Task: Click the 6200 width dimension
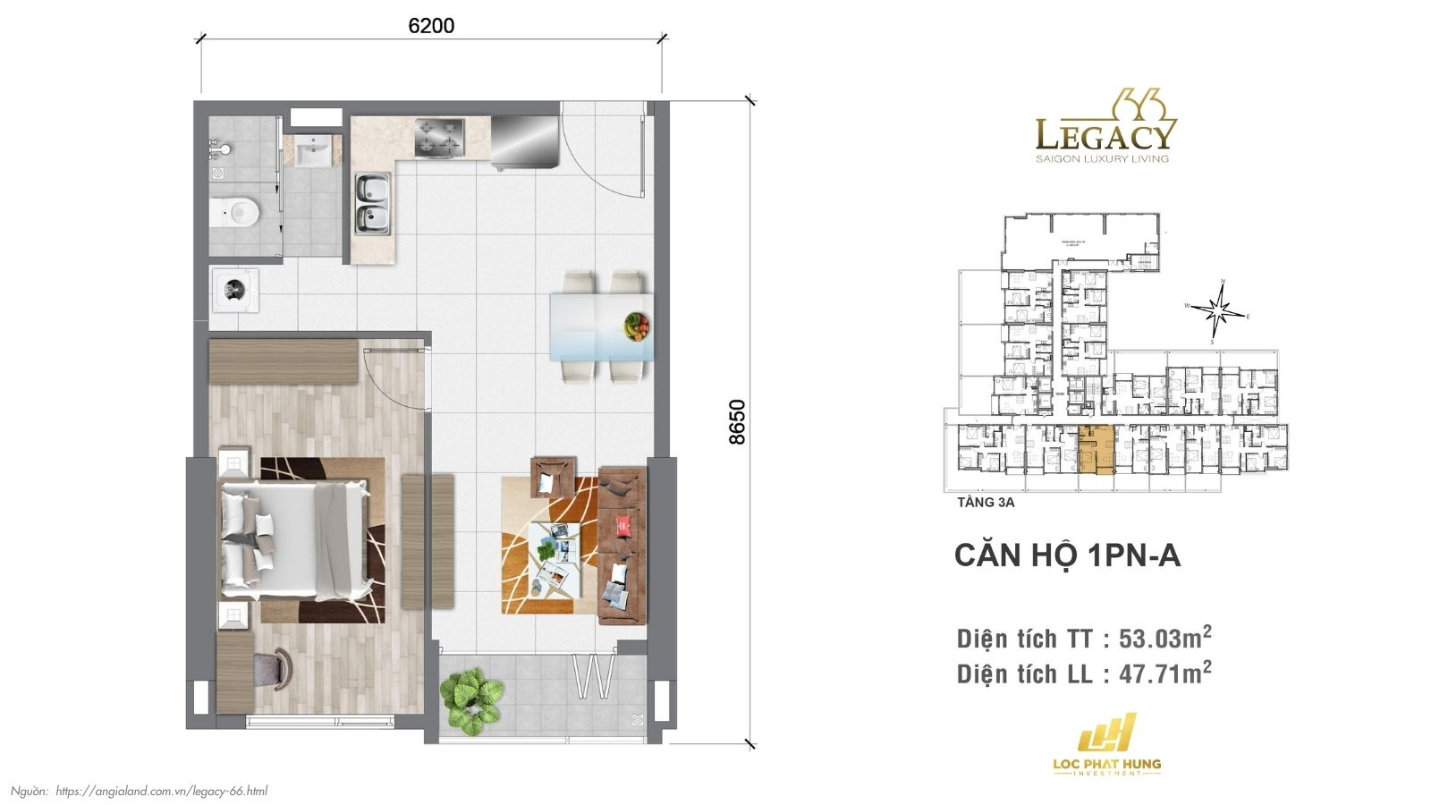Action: tap(431, 26)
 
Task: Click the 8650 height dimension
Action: tap(737, 421)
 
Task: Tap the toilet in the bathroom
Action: tap(235, 212)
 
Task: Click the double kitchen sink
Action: tap(372, 204)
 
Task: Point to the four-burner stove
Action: tap(439, 138)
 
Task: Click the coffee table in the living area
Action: tap(555, 555)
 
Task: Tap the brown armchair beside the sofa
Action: tap(553, 477)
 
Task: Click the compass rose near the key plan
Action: tap(1217, 310)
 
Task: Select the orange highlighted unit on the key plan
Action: tap(1097, 450)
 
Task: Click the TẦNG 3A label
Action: tap(986, 503)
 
